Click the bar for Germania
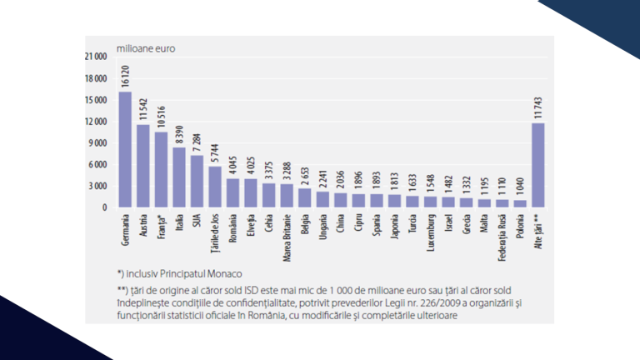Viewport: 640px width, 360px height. tap(125, 149)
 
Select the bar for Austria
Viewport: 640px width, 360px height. tap(142, 166)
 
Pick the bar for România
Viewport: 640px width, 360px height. tap(232, 192)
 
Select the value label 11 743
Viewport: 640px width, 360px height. tap(538, 108)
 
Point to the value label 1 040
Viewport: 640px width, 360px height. tap(520, 186)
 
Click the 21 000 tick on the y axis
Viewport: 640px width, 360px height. tap(96, 57)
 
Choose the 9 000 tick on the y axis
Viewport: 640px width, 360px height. tap(98, 142)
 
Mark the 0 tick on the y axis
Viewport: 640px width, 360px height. tap(105, 207)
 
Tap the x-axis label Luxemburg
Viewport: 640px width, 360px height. tap(430, 237)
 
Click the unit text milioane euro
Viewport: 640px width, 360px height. tap(147, 47)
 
